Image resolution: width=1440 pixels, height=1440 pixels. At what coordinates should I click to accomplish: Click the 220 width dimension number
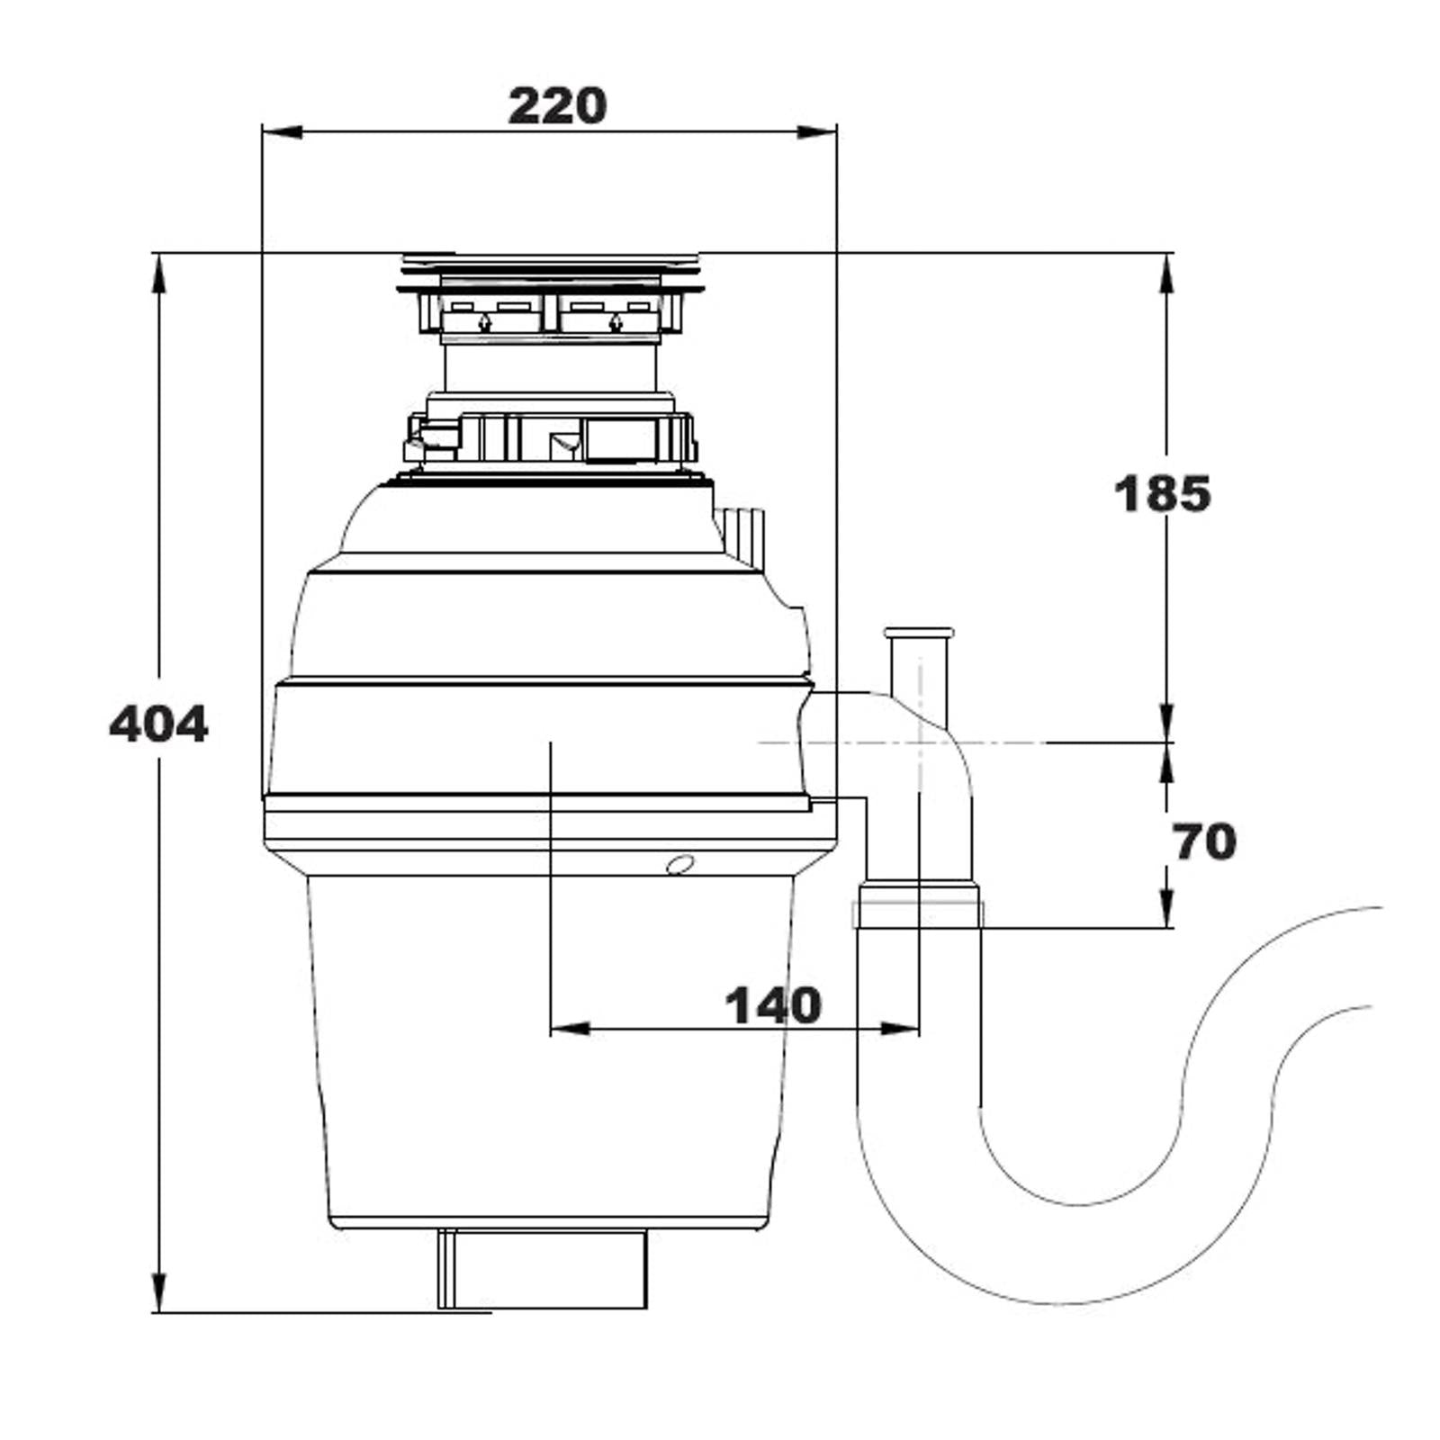pyautogui.click(x=557, y=106)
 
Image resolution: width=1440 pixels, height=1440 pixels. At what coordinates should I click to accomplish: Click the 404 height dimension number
pyautogui.click(x=158, y=724)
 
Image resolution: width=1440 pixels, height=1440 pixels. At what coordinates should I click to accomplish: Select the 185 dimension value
pyautogui.click(x=1162, y=494)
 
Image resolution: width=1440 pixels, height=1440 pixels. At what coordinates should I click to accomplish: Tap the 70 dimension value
pyautogui.click(x=1203, y=842)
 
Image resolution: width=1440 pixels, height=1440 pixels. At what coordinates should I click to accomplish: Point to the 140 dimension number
pyautogui.click(x=773, y=1005)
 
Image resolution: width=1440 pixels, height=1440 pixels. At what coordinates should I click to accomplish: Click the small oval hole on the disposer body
pyautogui.click(x=680, y=865)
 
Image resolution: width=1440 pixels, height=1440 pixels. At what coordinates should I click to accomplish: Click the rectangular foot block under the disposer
pyautogui.click(x=543, y=1269)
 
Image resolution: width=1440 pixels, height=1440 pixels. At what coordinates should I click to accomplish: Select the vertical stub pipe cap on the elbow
pyautogui.click(x=919, y=633)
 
